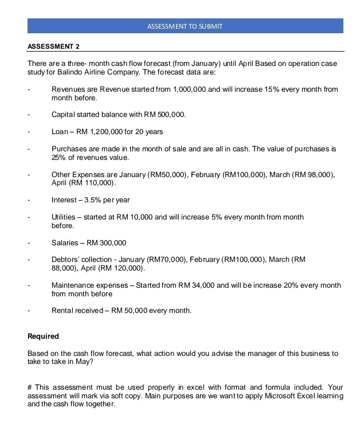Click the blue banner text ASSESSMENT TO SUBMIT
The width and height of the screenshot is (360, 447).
(x=185, y=26)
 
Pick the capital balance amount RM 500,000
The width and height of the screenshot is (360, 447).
(x=163, y=115)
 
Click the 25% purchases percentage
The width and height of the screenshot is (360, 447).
(x=59, y=157)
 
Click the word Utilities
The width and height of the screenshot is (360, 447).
(x=62, y=217)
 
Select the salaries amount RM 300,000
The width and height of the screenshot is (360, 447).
(x=107, y=242)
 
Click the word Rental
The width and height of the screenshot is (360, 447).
(x=64, y=311)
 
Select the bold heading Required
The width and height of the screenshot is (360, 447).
(x=44, y=336)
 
